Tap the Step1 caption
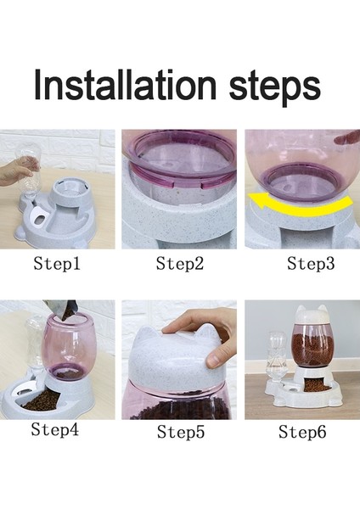pos(57,264)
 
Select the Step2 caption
pos(180,264)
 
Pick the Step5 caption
pos(181,433)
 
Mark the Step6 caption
pos(303,433)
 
